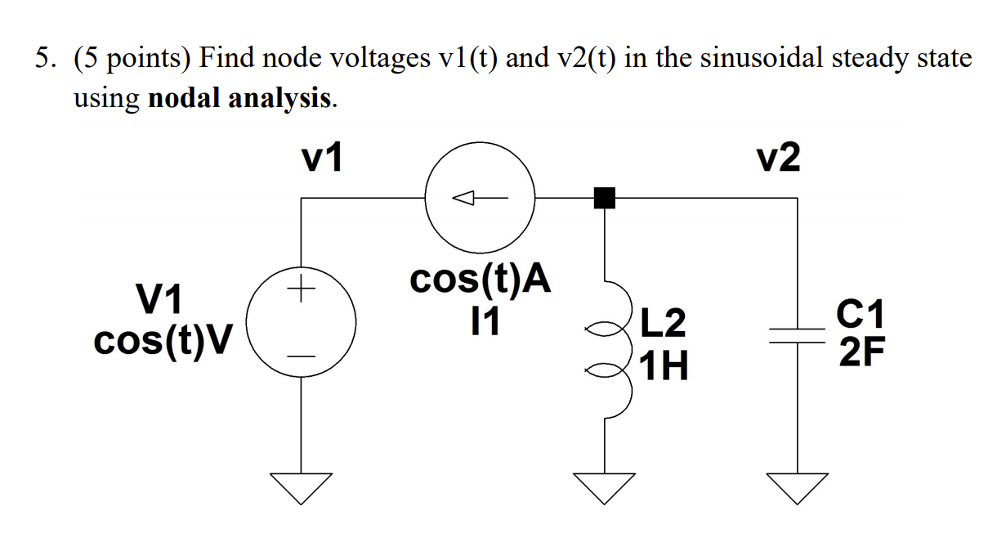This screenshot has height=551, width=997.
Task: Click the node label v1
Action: click(x=323, y=159)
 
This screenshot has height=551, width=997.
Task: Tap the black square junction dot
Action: click(x=604, y=197)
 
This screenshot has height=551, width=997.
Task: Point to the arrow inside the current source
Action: click(x=480, y=197)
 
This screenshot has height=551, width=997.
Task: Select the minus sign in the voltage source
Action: click(x=302, y=356)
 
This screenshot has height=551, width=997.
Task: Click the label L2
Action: click(x=663, y=324)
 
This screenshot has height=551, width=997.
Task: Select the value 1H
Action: click(x=663, y=366)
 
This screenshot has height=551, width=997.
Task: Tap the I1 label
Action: click(x=480, y=321)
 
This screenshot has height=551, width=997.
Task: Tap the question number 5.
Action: click(x=42, y=59)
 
